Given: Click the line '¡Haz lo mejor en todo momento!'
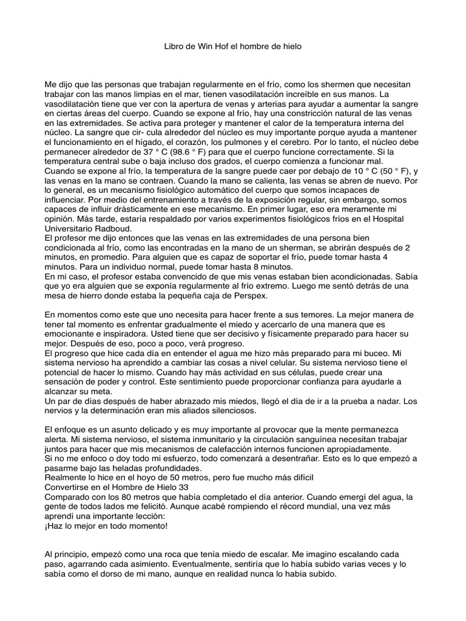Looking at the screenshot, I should point(106,525).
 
